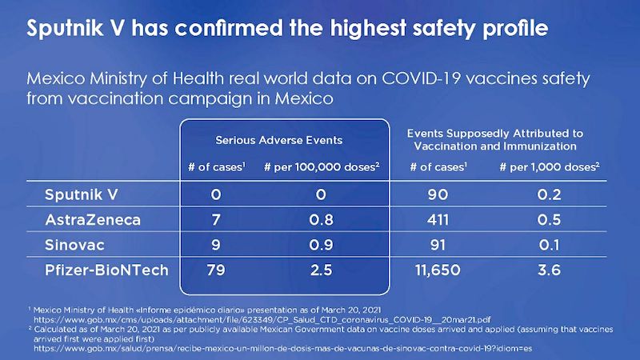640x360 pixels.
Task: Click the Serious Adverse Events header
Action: click(278, 140)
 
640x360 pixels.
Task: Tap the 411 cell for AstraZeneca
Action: click(437, 218)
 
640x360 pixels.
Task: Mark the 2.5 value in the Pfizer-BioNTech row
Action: click(321, 270)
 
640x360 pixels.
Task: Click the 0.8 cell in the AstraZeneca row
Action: click(321, 218)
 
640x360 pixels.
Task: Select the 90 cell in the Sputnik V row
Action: click(437, 194)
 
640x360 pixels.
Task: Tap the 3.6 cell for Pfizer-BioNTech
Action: click(549, 270)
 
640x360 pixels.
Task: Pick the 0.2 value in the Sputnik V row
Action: click(549, 194)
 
